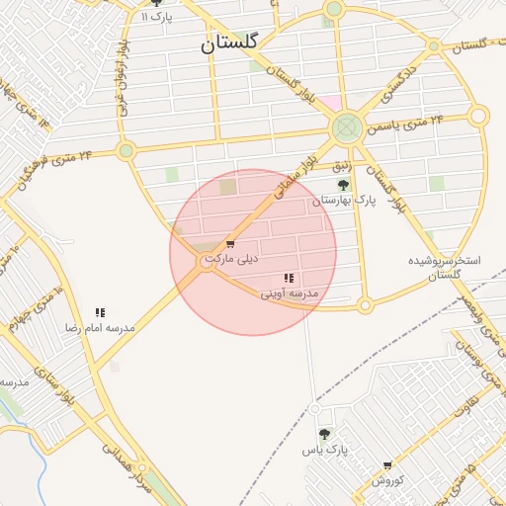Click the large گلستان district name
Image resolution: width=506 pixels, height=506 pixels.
pyautogui.click(x=228, y=43)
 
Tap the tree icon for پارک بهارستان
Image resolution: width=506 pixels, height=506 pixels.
pyautogui.click(x=343, y=185)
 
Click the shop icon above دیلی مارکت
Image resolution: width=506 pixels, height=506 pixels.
pyautogui.click(x=230, y=244)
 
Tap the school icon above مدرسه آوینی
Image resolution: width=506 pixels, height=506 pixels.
pyautogui.click(x=289, y=279)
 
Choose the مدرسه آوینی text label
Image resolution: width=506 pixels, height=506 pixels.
pyautogui.click(x=290, y=294)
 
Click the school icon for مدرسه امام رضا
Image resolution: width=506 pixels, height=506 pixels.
pyautogui.click(x=100, y=312)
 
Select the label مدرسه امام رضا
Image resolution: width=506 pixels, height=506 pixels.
pyautogui.click(x=100, y=327)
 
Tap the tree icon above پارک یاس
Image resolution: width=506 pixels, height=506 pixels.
pyautogui.click(x=323, y=434)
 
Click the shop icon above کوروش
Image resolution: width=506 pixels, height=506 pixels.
pyautogui.click(x=387, y=464)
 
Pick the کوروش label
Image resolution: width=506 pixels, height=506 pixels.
pyautogui.click(x=387, y=480)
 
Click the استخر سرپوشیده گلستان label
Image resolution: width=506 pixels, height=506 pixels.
pyautogui.click(x=445, y=269)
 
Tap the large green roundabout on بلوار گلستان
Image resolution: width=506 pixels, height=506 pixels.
pyautogui.click(x=346, y=127)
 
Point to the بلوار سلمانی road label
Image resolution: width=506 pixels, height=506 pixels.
pyautogui.click(x=288, y=178)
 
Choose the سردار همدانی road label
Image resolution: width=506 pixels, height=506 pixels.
pyautogui.click(x=128, y=470)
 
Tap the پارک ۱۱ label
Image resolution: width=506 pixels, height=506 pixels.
pyautogui.click(x=156, y=17)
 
